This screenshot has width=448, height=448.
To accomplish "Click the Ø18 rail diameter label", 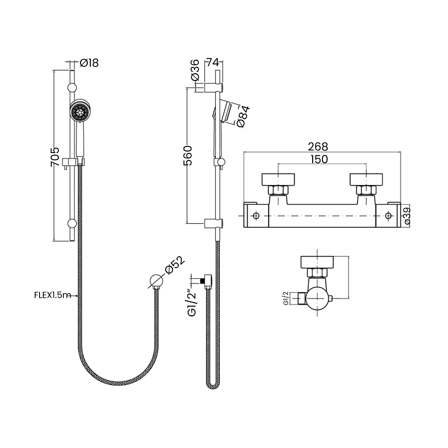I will (x=90, y=63).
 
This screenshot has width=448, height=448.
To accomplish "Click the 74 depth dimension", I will (x=212, y=63).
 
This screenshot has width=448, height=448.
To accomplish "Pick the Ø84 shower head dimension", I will (x=242, y=116).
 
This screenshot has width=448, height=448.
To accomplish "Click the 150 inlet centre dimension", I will (x=319, y=159).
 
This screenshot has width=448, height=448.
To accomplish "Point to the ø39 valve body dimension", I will (x=407, y=216).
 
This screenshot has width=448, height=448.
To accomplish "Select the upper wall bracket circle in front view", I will (x=72, y=88).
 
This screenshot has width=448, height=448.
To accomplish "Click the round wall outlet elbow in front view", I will (x=156, y=281).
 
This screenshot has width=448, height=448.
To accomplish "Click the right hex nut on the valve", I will (x=366, y=190).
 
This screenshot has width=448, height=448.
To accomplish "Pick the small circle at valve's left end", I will (x=256, y=216).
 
